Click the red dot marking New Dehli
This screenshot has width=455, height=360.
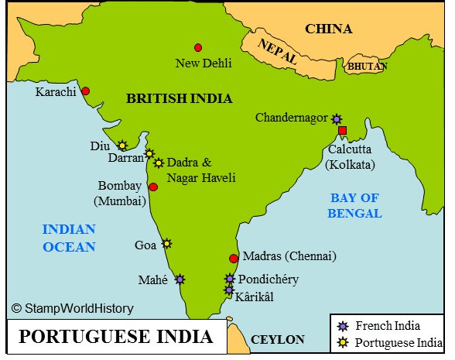(x=198, y=48)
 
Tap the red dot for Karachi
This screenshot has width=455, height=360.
(x=86, y=91)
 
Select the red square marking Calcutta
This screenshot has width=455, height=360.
(x=342, y=130)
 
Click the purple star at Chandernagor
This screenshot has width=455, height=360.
(x=336, y=118)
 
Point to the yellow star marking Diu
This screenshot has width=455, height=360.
(x=122, y=145)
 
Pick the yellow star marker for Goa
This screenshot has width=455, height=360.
(x=166, y=243)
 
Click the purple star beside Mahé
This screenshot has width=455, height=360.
(x=180, y=279)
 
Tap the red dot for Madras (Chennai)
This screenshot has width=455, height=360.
(x=234, y=259)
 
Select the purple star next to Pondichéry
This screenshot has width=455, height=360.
(x=230, y=279)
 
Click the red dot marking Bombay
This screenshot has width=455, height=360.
(x=153, y=187)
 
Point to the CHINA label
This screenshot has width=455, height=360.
(x=328, y=29)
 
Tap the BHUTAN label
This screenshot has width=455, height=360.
(x=365, y=67)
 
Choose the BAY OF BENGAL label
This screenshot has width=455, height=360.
(x=355, y=205)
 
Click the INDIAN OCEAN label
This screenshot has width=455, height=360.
(x=68, y=238)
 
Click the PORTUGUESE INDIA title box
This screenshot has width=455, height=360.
(x=115, y=338)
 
